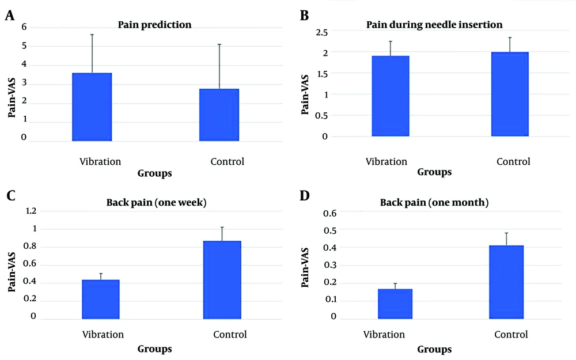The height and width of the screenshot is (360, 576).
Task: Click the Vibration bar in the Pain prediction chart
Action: [92, 107]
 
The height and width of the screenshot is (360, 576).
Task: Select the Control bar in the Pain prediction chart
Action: [219, 115]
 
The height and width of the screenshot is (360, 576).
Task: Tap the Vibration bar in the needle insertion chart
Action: [391, 96]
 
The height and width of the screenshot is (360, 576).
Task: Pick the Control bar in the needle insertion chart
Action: [510, 94]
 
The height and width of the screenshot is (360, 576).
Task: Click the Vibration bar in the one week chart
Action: [101, 300]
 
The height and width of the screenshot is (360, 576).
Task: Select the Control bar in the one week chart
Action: [222, 280]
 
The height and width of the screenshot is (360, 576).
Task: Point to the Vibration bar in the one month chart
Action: [395, 304]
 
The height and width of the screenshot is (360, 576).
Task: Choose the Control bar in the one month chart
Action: [506, 282]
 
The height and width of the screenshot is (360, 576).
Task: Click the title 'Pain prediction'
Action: [154, 25]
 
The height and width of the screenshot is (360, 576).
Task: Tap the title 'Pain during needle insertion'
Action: [434, 25]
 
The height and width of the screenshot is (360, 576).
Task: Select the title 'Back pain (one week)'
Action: [157, 202]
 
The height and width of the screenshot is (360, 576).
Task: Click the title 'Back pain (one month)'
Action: [434, 202]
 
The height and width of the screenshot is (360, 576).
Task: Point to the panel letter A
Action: [10, 16]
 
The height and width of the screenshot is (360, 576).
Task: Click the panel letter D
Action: [305, 196]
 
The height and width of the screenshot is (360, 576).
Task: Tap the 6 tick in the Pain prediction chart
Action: [24, 27]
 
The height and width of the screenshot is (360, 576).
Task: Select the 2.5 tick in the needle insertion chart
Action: [321, 32]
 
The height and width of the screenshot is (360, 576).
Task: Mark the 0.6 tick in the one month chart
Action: [329, 213]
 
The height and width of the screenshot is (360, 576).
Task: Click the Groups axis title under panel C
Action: [154, 349]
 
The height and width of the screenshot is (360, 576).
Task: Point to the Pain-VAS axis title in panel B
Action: [305, 94]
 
